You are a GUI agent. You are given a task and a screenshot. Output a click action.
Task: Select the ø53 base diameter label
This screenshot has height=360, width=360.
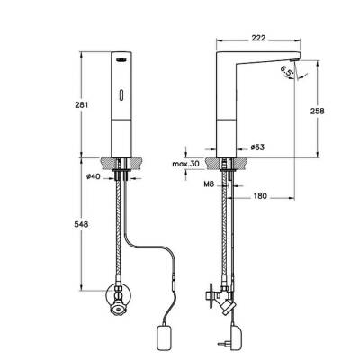[256, 146]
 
